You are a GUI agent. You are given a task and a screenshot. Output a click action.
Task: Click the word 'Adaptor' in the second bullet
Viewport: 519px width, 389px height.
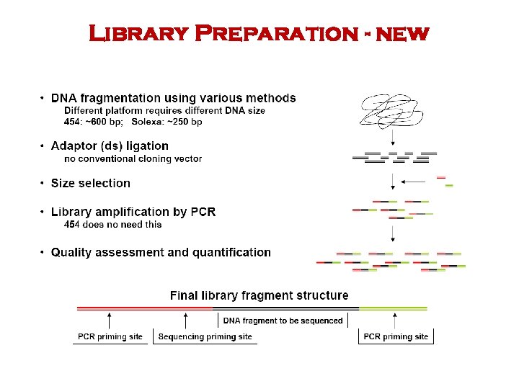point(74,146)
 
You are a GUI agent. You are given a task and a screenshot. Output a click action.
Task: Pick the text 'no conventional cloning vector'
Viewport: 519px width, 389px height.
point(133,158)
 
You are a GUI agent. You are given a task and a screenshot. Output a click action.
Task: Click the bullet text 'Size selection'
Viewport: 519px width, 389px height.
point(91,184)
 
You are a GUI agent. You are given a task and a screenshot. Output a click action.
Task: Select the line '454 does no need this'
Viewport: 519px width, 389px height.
point(113,224)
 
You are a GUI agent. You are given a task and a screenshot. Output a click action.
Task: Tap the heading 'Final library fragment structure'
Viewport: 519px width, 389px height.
point(259,295)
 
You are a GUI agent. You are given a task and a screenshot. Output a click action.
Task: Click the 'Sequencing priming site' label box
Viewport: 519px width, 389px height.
point(205,336)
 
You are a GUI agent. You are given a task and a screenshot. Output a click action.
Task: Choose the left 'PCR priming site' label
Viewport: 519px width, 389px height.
point(110,336)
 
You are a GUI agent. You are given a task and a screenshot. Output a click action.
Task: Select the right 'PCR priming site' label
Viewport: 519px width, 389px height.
point(396,336)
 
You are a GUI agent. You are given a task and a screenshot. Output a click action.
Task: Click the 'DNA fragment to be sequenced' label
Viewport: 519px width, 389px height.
point(283,321)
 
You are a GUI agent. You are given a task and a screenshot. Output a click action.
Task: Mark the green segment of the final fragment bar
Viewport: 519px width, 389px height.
point(393,308)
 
